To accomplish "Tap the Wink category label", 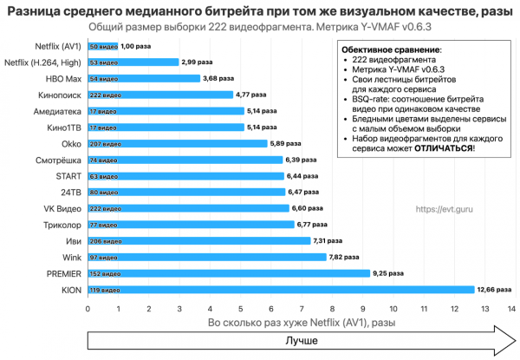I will [x=72, y=257].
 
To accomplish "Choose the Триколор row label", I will [x=62, y=224].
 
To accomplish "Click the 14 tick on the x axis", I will [x=512, y=308].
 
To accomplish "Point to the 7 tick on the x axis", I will [x=300, y=308].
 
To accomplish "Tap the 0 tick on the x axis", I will [x=88, y=308].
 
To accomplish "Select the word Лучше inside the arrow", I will [x=302, y=342].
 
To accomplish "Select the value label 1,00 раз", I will [x=135, y=45].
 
